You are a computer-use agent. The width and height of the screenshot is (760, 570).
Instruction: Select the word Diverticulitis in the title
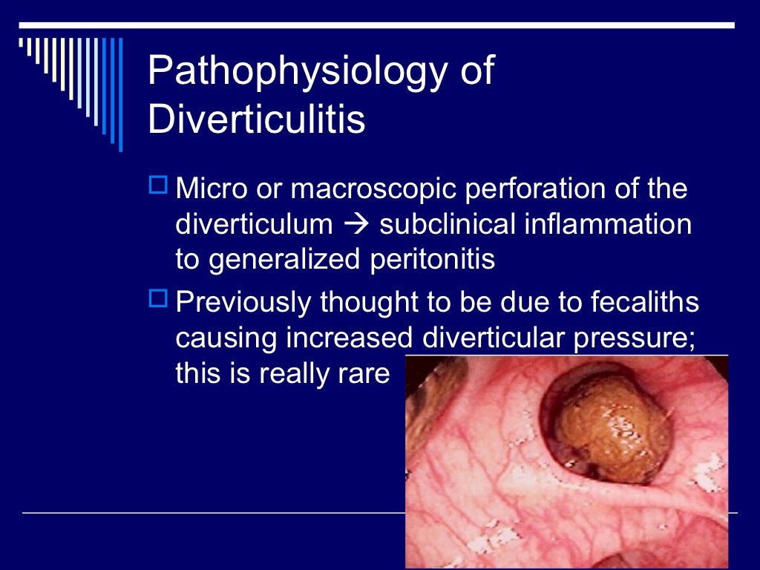257,119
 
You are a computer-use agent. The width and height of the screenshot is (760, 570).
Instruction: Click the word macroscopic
374,189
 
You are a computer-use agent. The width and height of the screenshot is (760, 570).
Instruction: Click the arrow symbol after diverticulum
363,224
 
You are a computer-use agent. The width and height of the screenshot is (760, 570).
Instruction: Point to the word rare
363,373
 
